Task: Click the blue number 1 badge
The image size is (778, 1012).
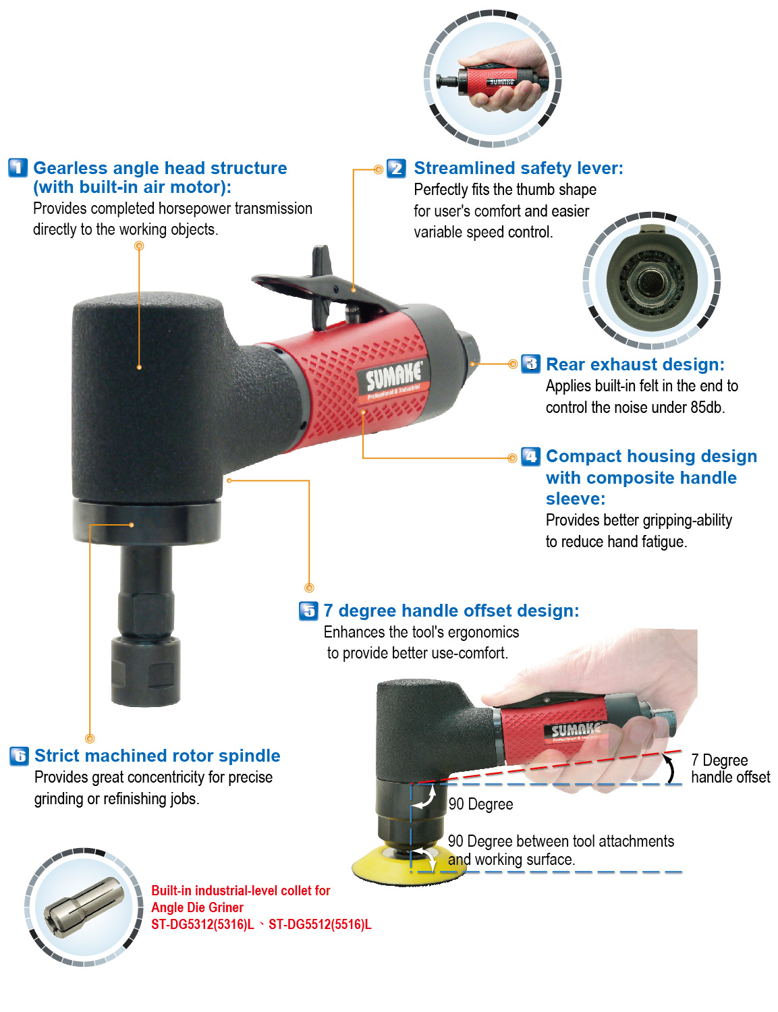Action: click(x=18, y=167)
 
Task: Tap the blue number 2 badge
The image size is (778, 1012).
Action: click(x=396, y=168)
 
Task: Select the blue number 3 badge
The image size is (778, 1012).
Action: click(x=530, y=364)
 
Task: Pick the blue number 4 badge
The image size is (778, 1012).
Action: click(x=530, y=457)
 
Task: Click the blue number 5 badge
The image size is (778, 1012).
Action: click(x=308, y=611)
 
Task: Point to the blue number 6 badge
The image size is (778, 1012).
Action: click(x=19, y=756)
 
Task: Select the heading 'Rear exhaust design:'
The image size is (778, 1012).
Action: click(x=635, y=365)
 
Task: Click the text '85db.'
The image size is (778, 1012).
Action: click(x=707, y=407)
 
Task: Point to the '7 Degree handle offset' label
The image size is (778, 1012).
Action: click(x=729, y=769)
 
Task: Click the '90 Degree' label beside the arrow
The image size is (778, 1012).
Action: click(x=480, y=804)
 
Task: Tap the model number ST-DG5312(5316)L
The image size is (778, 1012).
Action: click(x=202, y=925)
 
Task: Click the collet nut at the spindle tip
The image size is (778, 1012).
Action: click(x=146, y=671)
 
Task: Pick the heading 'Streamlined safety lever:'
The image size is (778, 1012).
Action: click(x=518, y=168)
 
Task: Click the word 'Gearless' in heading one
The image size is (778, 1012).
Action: click(x=71, y=168)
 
